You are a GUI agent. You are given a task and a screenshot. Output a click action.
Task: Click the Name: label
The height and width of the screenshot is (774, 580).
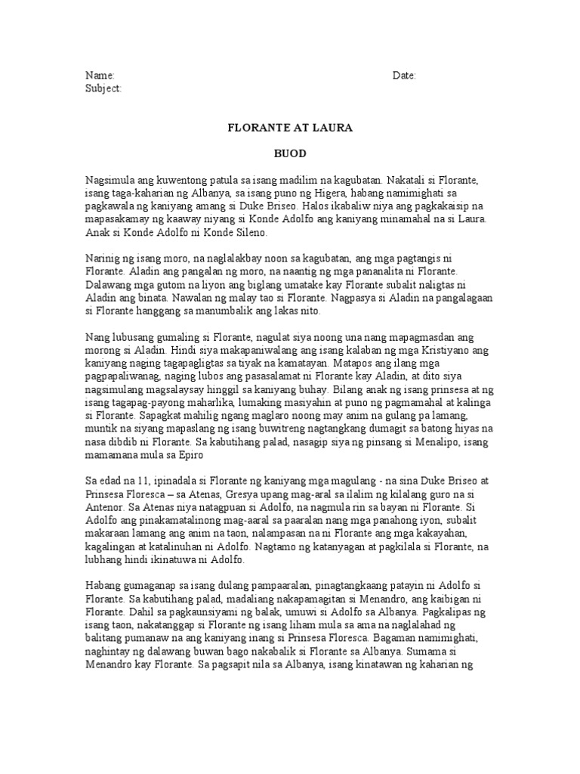(x=99, y=76)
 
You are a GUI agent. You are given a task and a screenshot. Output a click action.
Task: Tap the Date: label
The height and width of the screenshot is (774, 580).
(x=404, y=76)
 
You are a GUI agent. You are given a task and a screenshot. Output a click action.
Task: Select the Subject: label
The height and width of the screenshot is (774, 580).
(x=103, y=88)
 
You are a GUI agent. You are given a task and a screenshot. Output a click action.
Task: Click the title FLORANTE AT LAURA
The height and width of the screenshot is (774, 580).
(x=290, y=128)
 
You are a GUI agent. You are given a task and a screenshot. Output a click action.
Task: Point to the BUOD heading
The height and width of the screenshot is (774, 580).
(x=290, y=153)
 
